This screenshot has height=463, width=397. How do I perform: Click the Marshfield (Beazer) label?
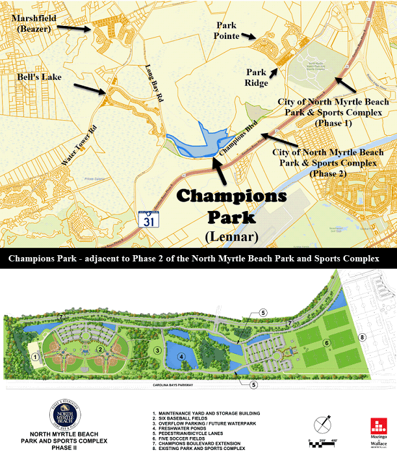(x=33, y=24)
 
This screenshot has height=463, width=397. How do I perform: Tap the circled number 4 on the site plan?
(x=183, y=355)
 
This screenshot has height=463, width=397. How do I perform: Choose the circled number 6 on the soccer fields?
(x=327, y=342)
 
